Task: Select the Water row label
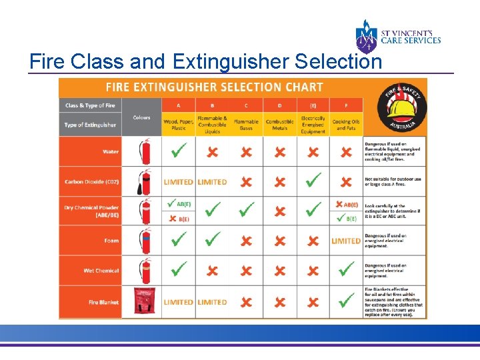point(111,152)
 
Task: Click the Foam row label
point(111,241)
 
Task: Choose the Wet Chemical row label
point(101,271)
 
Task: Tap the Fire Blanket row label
point(103,302)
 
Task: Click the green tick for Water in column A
point(178,151)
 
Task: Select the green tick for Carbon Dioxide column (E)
point(313,181)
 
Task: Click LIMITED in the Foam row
point(346,241)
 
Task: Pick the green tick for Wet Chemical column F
point(346,270)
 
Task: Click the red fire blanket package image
point(143,302)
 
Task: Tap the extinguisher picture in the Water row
point(145,151)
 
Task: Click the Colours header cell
point(141,118)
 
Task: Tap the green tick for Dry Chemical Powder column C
point(246,211)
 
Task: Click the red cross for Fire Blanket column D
point(279,302)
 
